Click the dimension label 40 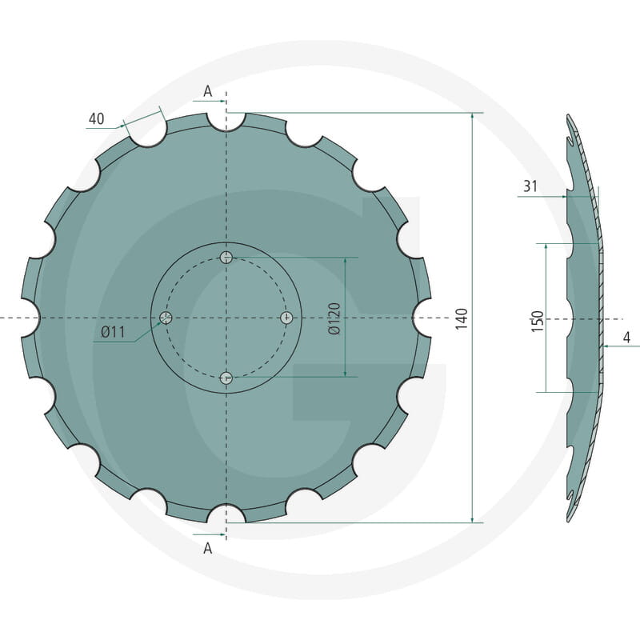coord(96,119)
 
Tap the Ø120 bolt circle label coord(334,318)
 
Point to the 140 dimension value coord(461,318)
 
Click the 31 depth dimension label coord(530,186)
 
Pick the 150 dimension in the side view coord(537,321)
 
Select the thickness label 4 coord(626,338)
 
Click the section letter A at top coord(208,92)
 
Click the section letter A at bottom coord(208,548)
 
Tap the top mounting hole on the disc coord(226,257)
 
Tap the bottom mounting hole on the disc coord(226,378)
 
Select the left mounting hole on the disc coord(166,318)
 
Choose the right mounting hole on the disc coord(287,318)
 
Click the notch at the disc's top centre coord(226,121)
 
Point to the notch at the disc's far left coord(29,318)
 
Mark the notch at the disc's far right coord(422,318)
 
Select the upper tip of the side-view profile coord(570,117)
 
